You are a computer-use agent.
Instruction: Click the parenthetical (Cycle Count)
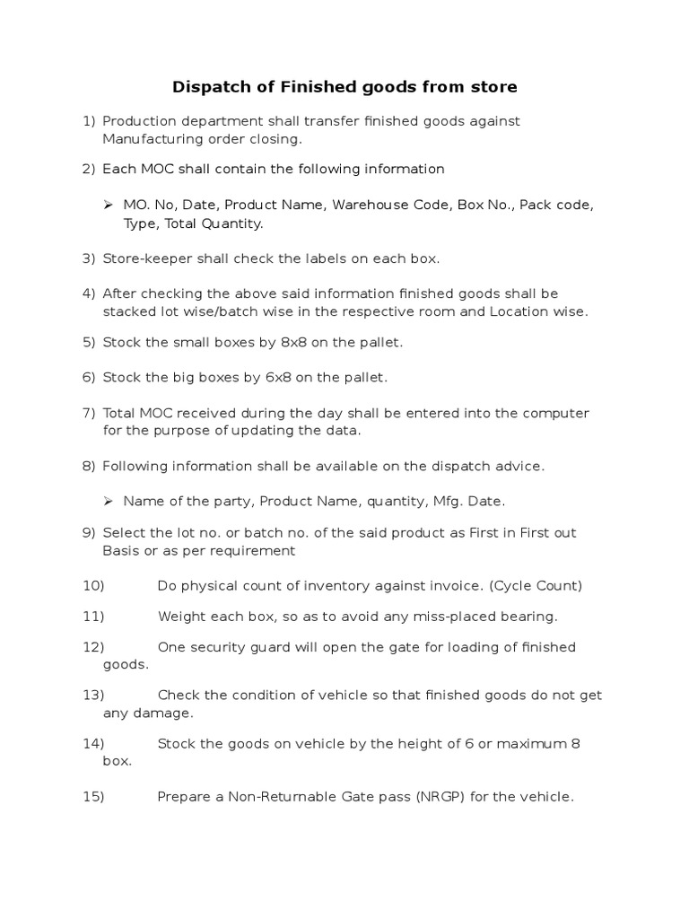536,586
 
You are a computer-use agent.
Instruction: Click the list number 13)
93,695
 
